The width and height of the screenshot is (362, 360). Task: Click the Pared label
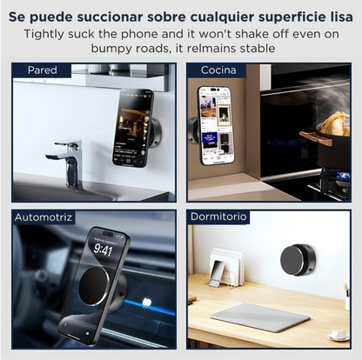pos(43,70)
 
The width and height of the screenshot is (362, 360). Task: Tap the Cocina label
pos(218,70)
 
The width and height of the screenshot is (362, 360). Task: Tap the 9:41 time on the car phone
pos(103,250)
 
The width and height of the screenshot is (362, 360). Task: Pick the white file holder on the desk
pos(226,267)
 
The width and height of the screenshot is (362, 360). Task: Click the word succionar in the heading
pos(118,15)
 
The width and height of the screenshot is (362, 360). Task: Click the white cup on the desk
pos(337,333)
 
